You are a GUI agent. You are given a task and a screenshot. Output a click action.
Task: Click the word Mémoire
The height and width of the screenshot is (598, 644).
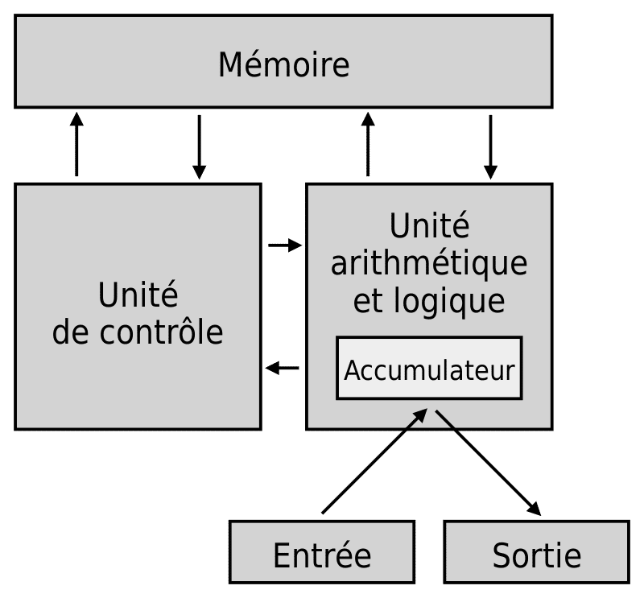coord(284,64)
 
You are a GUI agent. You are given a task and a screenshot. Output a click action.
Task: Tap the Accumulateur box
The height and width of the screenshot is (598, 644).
coord(429,368)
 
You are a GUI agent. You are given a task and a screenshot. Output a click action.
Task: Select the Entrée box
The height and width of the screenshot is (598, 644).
coord(322,551)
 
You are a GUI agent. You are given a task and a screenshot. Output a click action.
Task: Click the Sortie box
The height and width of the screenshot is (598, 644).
coord(536,551)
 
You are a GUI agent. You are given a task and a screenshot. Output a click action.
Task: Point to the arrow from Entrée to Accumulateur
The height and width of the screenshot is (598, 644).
coord(374,461)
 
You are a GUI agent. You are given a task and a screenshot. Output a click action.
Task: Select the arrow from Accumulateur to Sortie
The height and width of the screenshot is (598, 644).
coord(489,463)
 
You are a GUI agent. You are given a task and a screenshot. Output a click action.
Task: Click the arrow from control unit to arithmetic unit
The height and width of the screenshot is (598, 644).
coord(285,245)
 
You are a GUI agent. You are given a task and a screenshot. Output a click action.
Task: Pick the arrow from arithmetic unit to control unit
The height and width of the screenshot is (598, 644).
coord(283,368)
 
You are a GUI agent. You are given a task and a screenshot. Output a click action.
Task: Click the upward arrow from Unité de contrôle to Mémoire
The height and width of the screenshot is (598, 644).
coord(76,144)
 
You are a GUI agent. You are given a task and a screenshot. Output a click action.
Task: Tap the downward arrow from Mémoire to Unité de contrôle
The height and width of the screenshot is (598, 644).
coord(199,147)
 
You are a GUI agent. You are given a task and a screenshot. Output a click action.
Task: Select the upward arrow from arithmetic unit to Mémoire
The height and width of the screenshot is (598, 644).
coord(368,144)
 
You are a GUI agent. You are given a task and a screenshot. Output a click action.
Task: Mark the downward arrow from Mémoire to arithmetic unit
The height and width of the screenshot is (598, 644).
coord(490,147)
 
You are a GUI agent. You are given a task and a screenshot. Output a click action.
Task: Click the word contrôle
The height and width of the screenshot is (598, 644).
coord(161,331)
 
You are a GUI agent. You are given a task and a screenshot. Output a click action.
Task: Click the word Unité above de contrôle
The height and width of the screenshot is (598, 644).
coord(138,294)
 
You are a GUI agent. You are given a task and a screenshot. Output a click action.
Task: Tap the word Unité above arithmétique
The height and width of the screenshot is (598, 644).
coord(429,225)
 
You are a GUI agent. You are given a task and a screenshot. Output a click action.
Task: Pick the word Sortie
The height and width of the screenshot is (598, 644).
coord(536,555)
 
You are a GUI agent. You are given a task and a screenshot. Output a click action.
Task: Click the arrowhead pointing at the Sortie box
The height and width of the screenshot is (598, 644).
coord(535,509)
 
